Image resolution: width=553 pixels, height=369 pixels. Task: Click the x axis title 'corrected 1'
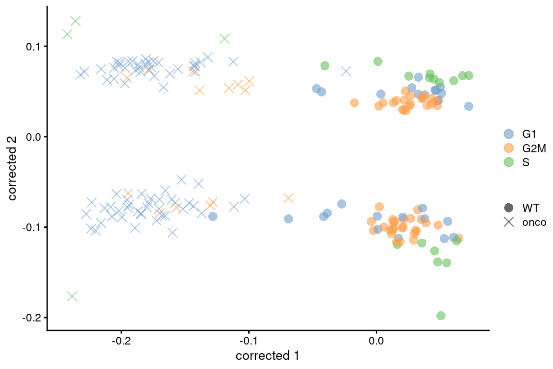pos(268,356)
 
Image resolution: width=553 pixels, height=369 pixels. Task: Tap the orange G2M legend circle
pos(508,148)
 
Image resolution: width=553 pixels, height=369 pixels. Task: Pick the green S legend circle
pos(508,162)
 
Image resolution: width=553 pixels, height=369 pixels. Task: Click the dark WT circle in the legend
pos(508,208)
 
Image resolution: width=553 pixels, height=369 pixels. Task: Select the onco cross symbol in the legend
pos(508,222)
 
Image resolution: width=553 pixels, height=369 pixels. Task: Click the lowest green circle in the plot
pos(441,316)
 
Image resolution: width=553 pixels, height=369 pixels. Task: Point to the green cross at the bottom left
pos(72,296)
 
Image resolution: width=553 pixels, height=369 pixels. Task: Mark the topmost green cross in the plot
pos(75,21)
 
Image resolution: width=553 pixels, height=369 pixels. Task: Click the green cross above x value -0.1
pos(224,38)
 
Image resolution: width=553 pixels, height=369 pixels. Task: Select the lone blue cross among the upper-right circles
pos(346,71)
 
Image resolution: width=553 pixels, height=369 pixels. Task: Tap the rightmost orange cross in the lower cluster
pos(288,198)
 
